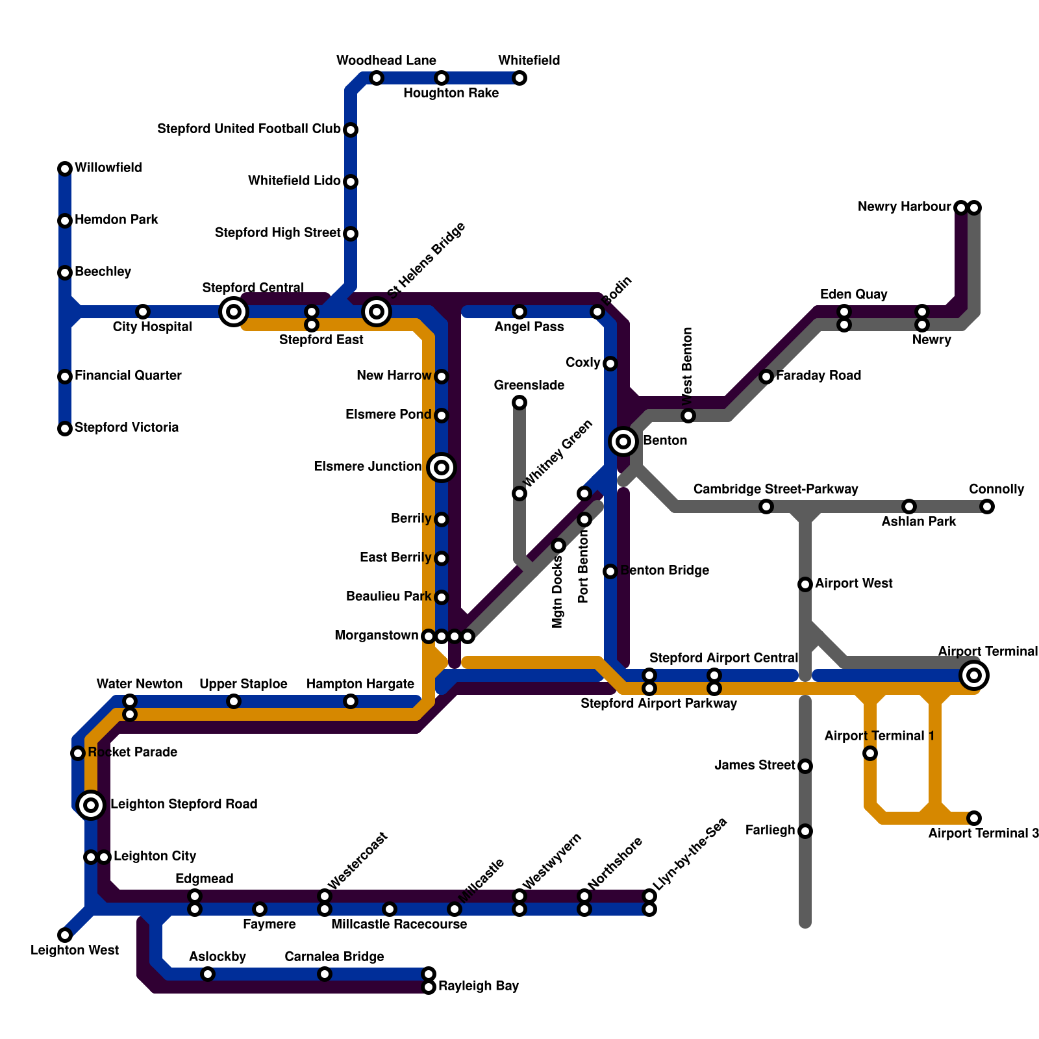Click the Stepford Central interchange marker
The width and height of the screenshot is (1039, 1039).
[x=234, y=312]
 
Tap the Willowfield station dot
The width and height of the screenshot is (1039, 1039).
[x=65, y=169]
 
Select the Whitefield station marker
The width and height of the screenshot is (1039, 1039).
[x=519, y=79]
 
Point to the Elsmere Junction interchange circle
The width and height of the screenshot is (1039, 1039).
[x=442, y=468]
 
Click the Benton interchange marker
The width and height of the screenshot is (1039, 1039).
[x=623, y=442]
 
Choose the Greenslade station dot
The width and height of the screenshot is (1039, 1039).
[x=519, y=403]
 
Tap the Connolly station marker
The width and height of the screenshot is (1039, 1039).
[x=987, y=507]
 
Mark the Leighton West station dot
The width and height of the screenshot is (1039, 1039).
[x=65, y=935]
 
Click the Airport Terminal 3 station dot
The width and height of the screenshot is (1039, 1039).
[x=973, y=818]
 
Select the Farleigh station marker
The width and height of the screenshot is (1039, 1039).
[x=805, y=831]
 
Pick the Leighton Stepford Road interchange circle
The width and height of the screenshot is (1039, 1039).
[x=92, y=805]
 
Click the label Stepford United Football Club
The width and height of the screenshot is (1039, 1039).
[x=249, y=129]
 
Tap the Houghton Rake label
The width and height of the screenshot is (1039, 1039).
[x=451, y=94]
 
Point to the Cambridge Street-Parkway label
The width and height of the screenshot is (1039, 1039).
[x=775, y=489]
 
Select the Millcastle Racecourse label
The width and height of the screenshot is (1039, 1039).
[x=399, y=924]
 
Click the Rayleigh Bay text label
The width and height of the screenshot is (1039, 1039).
[x=479, y=986]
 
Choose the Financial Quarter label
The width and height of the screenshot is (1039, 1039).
[x=128, y=376]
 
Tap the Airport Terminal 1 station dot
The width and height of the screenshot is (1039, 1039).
[x=870, y=753]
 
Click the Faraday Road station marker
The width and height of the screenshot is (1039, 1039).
[x=766, y=377]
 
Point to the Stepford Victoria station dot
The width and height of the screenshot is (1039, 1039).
[x=65, y=429]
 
